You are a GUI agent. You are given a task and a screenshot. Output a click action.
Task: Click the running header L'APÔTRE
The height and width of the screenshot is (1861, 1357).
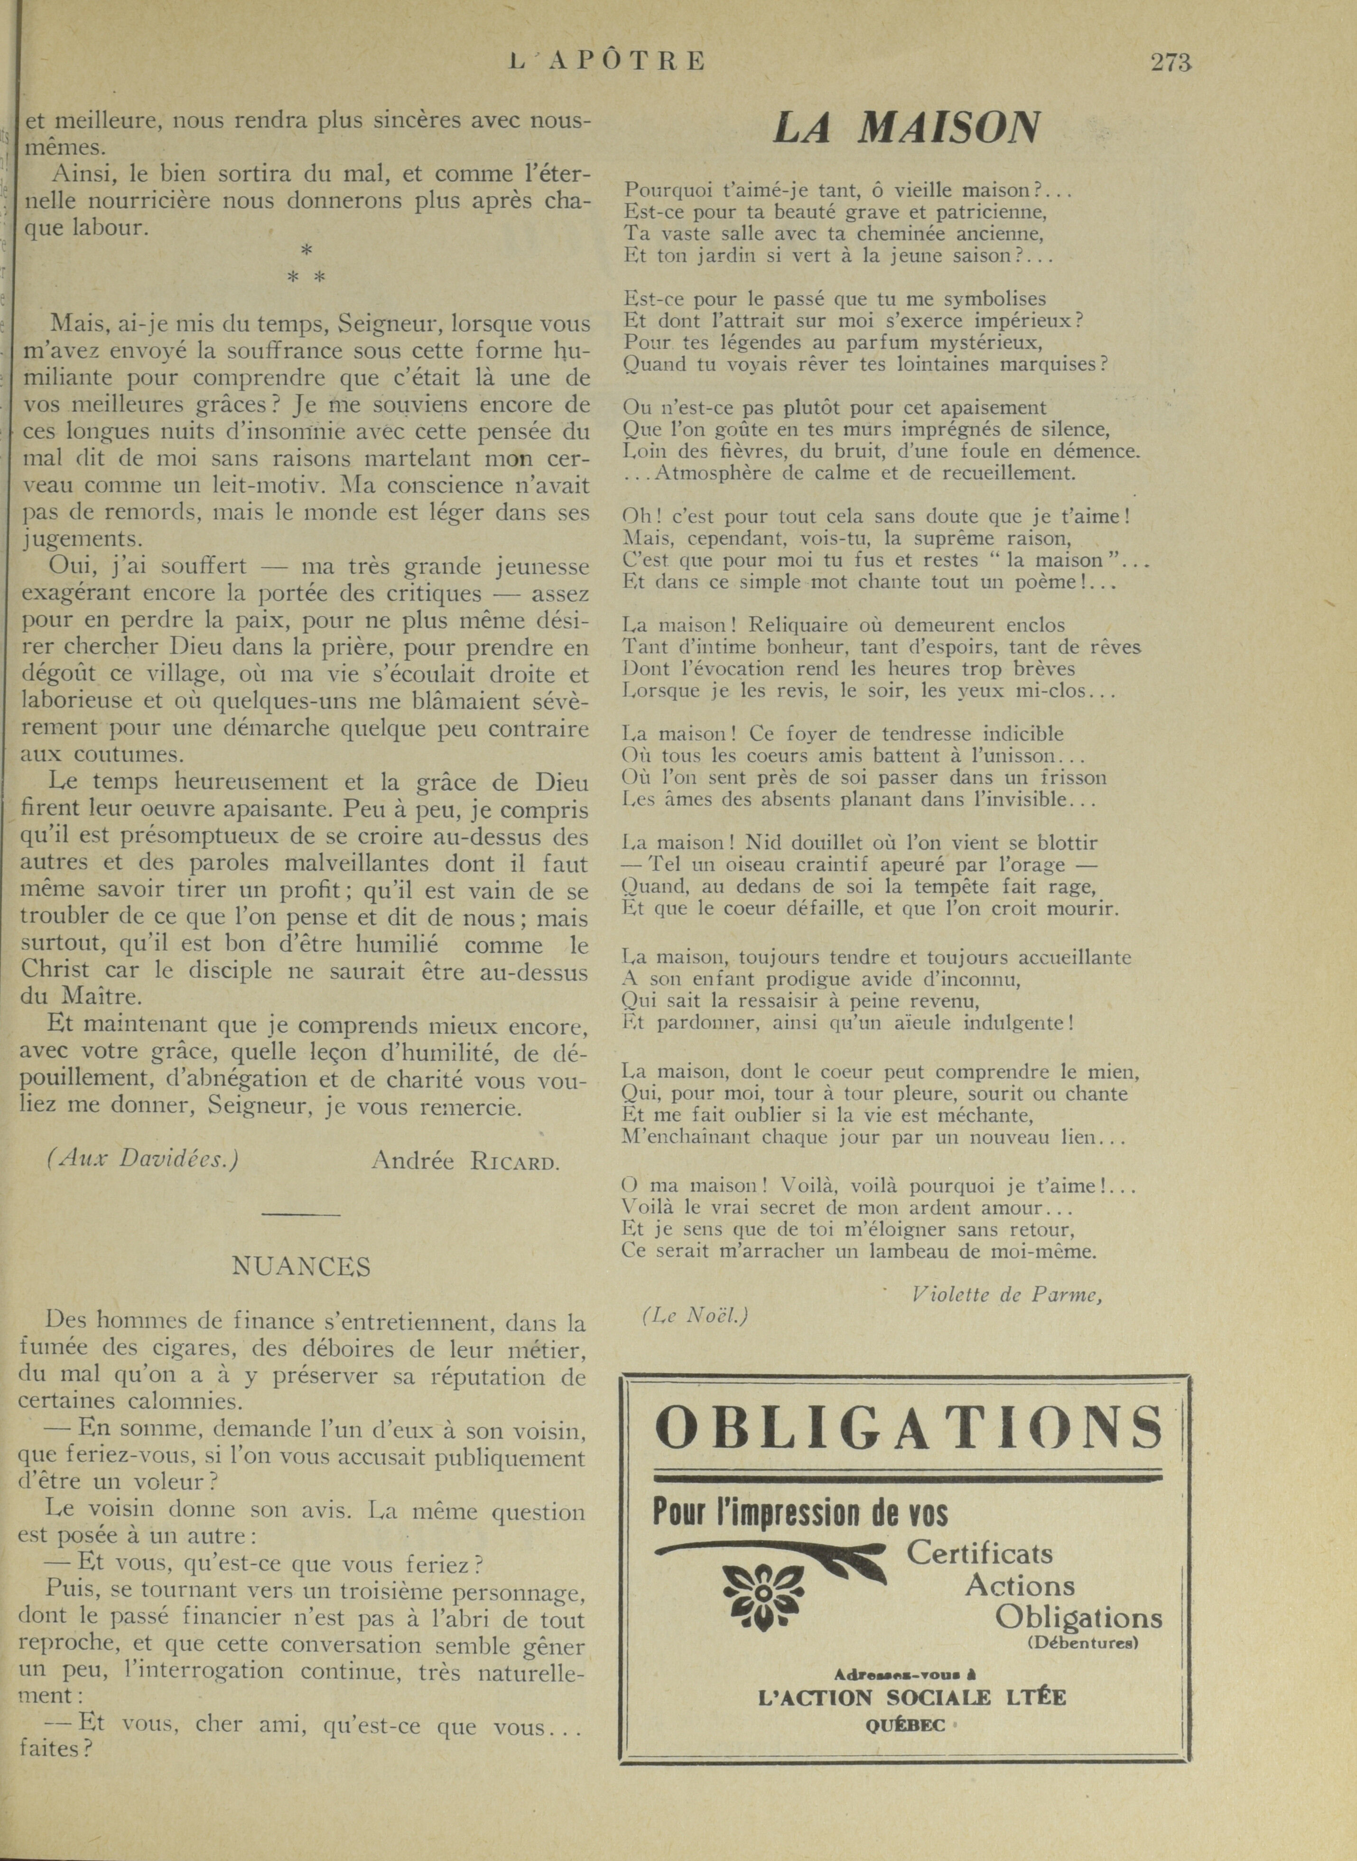coord(607,62)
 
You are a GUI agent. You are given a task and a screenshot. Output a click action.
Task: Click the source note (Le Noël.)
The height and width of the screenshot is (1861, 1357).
coord(695,1316)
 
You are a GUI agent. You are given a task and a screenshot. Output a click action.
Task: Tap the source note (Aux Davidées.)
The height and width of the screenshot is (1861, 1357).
coord(143,1159)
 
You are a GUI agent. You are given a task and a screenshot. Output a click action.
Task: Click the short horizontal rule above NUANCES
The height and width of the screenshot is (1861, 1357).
coord(301,1215)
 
